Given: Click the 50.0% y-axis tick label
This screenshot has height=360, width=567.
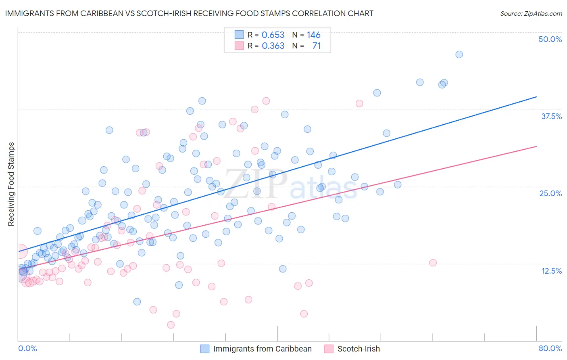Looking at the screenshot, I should [550, 39].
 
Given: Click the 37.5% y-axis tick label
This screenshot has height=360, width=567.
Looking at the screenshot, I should [551, 116].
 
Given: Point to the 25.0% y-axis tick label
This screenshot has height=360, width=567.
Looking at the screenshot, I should [550, 193].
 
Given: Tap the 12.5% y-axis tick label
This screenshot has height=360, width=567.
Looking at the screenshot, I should [551, 271].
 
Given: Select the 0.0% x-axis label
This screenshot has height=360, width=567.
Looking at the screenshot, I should [27, 348].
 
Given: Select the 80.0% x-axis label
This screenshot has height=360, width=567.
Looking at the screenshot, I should [550, 348].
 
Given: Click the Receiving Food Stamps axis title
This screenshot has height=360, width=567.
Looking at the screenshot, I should [11, 184].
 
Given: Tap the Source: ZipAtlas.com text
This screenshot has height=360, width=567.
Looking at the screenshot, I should [531, 13].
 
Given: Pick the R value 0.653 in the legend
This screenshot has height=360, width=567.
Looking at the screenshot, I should [273, 35].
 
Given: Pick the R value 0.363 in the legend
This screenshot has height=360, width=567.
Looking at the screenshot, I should [273, 46].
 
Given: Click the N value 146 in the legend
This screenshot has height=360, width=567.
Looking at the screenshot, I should [313, 35].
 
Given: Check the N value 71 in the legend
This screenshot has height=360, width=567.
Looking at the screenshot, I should [317, 46].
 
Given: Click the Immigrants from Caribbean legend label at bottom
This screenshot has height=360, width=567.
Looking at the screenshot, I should [262, 349].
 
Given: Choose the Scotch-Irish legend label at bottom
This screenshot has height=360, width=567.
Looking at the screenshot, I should [359, 349].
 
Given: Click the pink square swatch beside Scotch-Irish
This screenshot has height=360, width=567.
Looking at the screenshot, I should [329, 349].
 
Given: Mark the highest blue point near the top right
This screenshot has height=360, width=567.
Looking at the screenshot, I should [459, 54].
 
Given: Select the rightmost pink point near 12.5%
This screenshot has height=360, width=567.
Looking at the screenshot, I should [433, 263].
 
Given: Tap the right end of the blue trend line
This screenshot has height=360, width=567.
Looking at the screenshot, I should [536, 97].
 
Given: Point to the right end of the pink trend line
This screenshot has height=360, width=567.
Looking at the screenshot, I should [536, 146].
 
